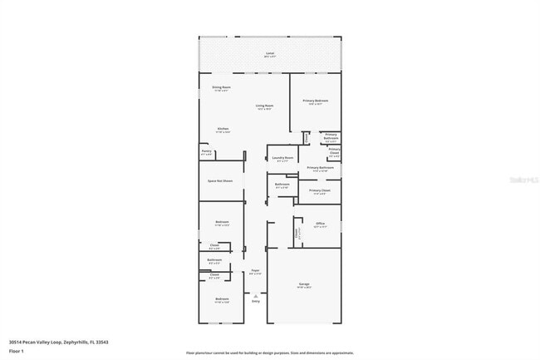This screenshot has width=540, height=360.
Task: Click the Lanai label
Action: point(269,54)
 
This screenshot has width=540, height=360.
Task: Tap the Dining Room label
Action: point(221,87)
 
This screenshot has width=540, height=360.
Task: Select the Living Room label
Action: point(265,106)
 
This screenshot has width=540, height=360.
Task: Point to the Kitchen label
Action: point(223,129)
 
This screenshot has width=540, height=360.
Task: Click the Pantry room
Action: point(206,153)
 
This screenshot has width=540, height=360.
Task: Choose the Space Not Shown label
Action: point(220,180)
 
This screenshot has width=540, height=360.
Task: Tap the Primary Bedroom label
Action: point(316,101)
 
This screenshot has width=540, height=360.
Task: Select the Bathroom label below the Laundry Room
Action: point(282,185)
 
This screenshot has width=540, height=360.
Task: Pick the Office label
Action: point(320,224)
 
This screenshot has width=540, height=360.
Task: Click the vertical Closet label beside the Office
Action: point(297,234)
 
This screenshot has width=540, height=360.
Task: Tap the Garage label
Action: point(303,284)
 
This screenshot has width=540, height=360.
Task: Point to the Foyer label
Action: point(256,271)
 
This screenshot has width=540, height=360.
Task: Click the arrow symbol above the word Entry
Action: point(256,295)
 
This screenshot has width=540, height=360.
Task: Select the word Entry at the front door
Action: point(256,301)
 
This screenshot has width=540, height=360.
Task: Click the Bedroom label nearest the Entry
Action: point(222,298)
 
